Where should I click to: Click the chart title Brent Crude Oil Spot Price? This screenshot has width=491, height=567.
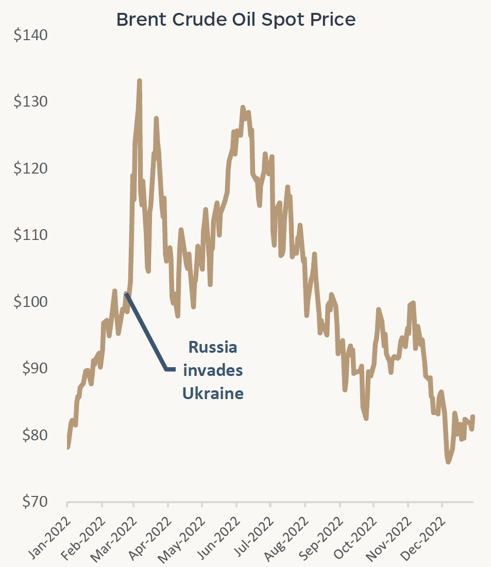[x=235, y=19]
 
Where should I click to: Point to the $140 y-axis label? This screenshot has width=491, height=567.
[x=31, y=36]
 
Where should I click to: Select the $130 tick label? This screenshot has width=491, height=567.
[x=31, y=102]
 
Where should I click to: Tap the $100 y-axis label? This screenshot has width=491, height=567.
[x=31, y=302]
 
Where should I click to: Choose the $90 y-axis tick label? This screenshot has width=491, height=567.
[x=33, y=368]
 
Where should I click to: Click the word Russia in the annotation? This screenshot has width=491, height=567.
[x=213, y=347]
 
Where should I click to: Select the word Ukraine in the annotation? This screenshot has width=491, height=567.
[x=212, y=393]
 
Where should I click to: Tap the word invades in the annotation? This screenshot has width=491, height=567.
[x=213, y=370]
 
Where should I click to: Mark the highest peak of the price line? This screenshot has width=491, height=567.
[x=139, y=81]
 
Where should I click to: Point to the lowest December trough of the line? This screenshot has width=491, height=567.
[x=448, y=462]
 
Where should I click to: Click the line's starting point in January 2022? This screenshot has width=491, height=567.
[x=67, y=447]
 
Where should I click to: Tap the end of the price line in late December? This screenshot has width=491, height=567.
[x=472, y=417]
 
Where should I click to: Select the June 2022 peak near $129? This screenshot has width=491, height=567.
[x=243, y=107]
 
